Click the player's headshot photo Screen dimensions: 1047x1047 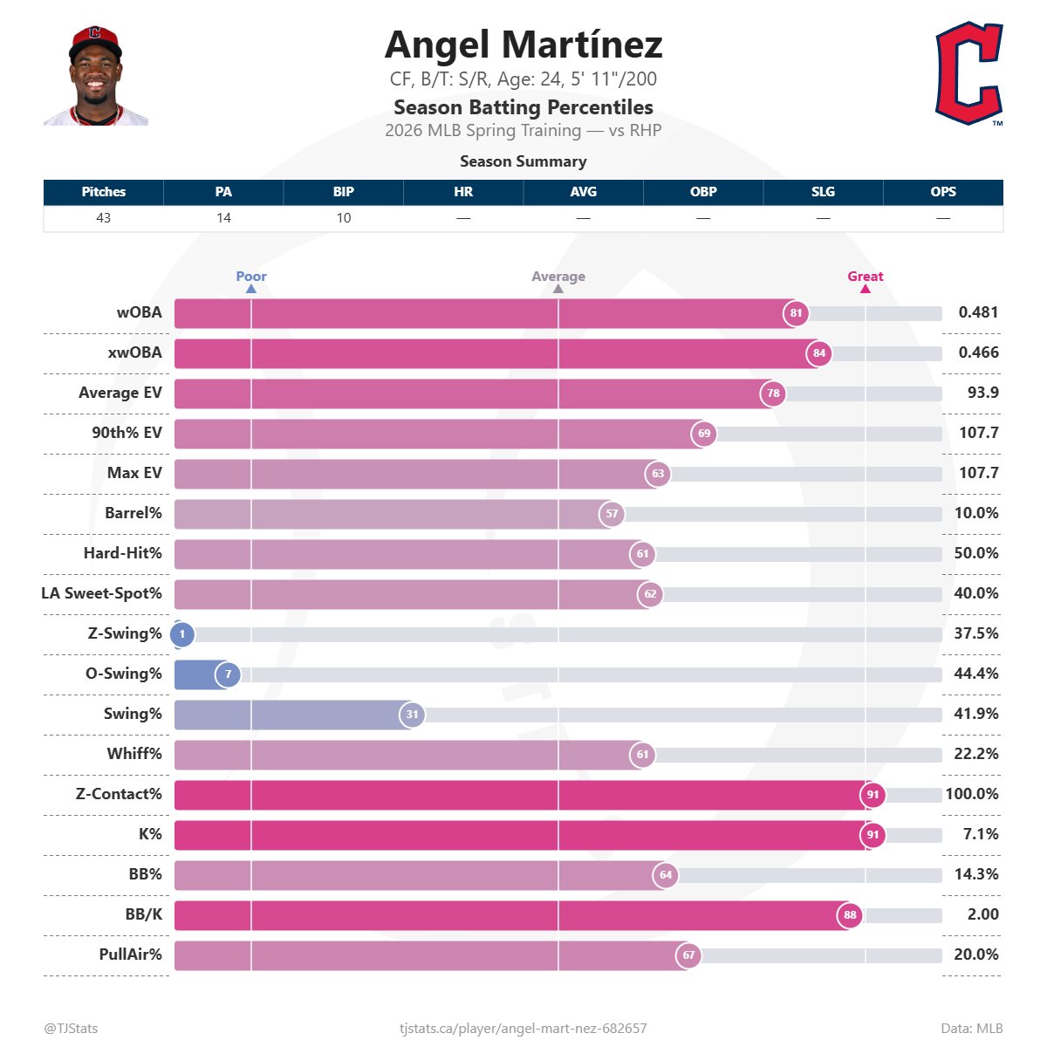[x=96, y=76]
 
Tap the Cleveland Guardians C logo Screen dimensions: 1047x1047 [x=968, y=74]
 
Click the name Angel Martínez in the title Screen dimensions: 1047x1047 [x=523, y=45]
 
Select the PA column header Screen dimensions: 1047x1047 [x=223, y=192]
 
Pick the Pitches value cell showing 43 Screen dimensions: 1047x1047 [x=104, y=218]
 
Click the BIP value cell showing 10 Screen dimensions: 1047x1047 [x=344, y=218]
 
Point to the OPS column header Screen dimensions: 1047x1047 [x=943, y=192]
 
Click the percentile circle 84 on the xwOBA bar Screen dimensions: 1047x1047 [x=818, y=353]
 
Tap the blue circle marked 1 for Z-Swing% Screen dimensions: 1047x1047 [x=182, y=634]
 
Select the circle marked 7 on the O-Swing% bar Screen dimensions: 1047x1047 [x=228, y=674]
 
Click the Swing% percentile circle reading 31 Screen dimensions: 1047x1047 [x=412, y=715]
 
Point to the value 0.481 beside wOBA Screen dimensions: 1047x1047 [x=978, y=312]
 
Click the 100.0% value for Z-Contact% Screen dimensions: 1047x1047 [x=972, y=794]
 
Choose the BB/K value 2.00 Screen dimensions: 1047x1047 [x=983, y=914]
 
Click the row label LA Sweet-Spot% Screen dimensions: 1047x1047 [x=102, y=593]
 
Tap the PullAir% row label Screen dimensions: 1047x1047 [x=131, y=955]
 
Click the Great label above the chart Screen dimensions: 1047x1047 [x=866, y=277]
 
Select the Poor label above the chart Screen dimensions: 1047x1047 [x=251, y=277]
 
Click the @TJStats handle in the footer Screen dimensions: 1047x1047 [x=71, y=1029]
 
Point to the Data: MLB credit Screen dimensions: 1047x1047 [x=972, y=1029]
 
